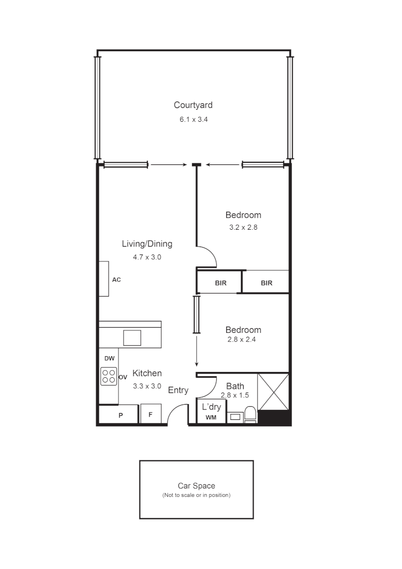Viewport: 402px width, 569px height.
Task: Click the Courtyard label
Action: point(193,105)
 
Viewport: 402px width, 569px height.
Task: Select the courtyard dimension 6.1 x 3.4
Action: point(193,120)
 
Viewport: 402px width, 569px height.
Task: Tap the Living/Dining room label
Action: point(147,244)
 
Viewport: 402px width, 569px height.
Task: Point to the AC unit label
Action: point(117,280)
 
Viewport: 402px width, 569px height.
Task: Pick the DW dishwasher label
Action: point(109,358)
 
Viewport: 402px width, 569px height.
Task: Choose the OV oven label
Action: point(123,377)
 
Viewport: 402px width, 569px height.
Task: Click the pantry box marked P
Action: point(120,415)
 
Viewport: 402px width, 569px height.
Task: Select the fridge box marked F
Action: point(150,415)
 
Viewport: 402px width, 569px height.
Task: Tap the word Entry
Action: point(178,390)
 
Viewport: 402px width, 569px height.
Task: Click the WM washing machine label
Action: point(211,418)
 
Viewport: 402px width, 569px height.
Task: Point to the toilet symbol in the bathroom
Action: point(250,414)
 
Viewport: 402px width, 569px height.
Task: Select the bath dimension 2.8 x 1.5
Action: point(234,395)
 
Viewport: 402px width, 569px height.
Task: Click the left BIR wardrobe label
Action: point(221,283)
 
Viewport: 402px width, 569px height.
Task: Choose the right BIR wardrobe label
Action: point(267,283)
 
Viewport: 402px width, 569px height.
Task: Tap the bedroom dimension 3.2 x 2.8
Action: point(243,228)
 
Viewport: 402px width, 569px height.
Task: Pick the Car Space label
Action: point(196,486)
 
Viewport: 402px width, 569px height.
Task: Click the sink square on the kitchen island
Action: point(133,337)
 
